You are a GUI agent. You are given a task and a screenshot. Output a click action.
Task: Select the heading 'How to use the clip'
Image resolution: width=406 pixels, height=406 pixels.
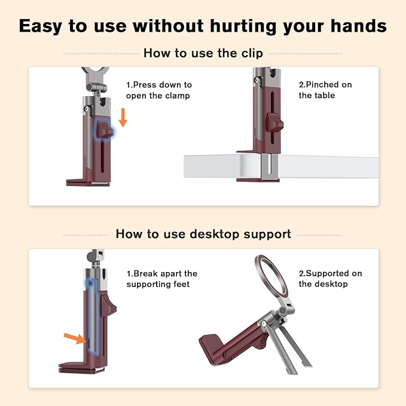point(203,53)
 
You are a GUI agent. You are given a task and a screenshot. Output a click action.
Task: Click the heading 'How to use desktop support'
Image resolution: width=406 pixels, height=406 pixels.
point(203,234)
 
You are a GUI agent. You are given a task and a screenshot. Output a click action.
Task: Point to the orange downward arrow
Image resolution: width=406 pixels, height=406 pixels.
point(123,118)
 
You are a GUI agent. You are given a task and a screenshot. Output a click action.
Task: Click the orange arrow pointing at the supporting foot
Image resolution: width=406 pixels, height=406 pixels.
point(75,338)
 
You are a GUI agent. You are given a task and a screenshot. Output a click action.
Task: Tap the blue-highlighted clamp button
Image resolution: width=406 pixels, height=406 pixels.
point(105,129)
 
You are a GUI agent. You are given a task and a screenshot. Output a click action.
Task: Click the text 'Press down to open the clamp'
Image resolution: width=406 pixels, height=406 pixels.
point(159,90)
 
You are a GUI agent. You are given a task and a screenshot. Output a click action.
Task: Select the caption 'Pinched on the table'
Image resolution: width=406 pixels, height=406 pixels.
point(325,90)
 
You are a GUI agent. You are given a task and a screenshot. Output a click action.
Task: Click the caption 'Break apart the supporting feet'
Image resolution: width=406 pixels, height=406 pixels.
point(162,279)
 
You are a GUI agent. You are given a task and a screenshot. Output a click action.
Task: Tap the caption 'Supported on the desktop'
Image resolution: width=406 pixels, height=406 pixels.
point(331,279)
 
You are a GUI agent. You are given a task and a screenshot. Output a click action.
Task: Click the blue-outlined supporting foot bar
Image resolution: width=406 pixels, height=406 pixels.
point(92,316)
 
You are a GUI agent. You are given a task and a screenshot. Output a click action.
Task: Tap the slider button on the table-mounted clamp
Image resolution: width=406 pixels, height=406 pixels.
point(274,122)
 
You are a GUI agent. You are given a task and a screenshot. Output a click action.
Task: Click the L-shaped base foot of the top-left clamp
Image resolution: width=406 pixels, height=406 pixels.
point(88,182)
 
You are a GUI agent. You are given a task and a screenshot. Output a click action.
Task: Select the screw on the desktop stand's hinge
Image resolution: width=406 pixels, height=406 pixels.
point(263,323)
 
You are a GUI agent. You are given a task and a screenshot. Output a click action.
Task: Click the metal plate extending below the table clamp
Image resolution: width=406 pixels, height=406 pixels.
point(270,167)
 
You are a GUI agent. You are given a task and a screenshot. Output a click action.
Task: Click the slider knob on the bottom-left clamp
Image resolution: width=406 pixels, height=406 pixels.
point(109,306)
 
